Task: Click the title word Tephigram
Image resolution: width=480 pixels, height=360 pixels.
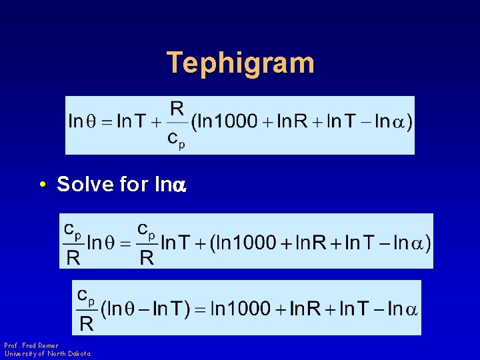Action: click(240, 63)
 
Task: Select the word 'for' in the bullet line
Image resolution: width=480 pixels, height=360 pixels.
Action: click(133, 184)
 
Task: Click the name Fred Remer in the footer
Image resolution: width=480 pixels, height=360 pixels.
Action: click(40, 345)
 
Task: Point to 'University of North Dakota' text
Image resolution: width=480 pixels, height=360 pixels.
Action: click(47, 353)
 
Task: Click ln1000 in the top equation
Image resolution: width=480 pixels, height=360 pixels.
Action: click(227, 121)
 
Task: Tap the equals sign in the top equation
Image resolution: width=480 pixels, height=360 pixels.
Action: click(107, 121)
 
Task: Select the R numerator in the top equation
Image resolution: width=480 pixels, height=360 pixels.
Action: click(177, 108)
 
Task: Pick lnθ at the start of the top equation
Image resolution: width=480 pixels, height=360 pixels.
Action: click(84, 121)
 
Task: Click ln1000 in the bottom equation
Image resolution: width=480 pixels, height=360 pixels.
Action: click(239, 309)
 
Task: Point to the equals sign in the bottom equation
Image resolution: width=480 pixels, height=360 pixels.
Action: click(200, 309)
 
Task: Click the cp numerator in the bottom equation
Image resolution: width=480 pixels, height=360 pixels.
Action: click(86, 294)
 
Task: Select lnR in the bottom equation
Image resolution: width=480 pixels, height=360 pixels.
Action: click(305, 309)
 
